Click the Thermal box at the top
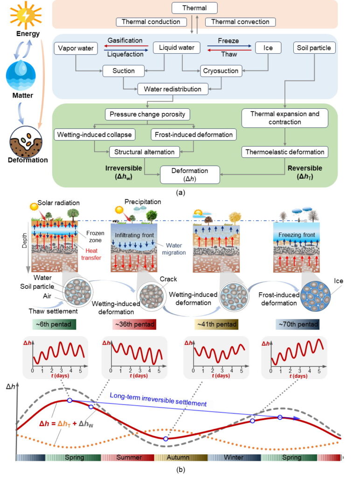194,7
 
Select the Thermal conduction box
152,22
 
